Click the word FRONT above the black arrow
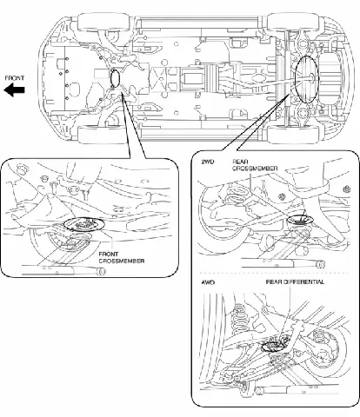tap(15, 78)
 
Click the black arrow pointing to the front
tap(14, 89)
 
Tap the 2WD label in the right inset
tap(207, 162)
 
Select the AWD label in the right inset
tap(208, 281)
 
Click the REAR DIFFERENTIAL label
tap(295, 281)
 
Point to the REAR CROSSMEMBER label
tap(255, 165)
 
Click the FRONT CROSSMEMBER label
tap(122, 257)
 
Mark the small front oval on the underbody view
tap(115, 78)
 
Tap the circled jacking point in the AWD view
tap(275, 343)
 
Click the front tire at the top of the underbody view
tap(103, 22)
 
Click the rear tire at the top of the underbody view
tap(293, 22)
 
